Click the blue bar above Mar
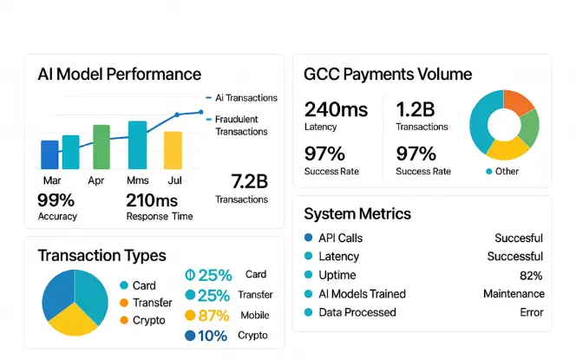click(49, 154)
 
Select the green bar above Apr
click(101, 147)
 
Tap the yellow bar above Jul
click(173, 150)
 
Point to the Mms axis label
click(137, 180)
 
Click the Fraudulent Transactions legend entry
click(241, 126)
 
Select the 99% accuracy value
click(56, 200)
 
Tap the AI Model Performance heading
click(119, 74)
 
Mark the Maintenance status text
click(513, 294)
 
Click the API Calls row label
click(340, 238)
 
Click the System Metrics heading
click(357, 213)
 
